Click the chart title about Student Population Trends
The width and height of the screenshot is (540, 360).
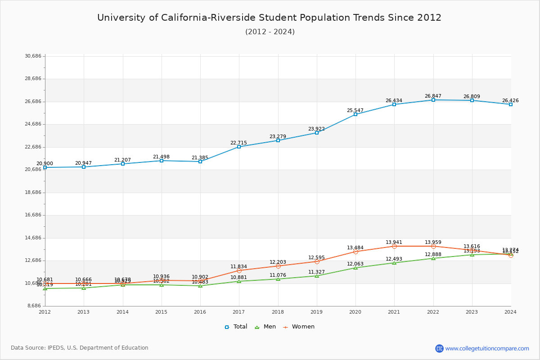pyautogui.click(x=269, y=18)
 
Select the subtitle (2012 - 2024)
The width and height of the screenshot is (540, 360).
pyautogui.click(x=270, y=31)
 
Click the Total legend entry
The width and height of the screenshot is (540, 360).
pyautogui.click(x=236, y=327)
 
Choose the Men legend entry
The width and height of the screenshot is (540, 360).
pyautogui.click(x=265, y=327)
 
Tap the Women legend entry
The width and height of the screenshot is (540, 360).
pyautogui.click(x=299, y=327)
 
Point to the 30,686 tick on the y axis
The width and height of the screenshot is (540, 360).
pyautogui.click(x=33, y=56)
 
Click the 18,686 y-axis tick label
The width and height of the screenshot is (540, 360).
pyautogui.click(x=33, y=192)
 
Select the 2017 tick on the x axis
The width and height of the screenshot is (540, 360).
pyautogui.click(x=238, y=311)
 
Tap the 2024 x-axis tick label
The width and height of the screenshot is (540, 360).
pyautogui.click(x=510, y=311)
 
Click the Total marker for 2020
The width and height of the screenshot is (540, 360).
pyautogui.click(x=355, y=114)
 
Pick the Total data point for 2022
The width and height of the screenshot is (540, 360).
pyautogui.click(x=433, y=100)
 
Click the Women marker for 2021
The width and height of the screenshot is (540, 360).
pyautogui.click(x=394, y=246)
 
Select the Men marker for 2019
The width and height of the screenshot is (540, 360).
pyautogui.click(x=317, y=276)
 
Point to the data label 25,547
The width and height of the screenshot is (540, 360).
pyautogui.click(x=355, y=110)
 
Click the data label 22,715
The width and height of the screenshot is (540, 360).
pyautogui.click(x=238, y=143)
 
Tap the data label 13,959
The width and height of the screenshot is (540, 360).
pyautogui.click(x=433, y=242)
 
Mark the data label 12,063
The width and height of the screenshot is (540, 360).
pyautogui.click(x=355, y=264)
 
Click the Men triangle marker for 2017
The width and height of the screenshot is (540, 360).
pyautogui.click(x=239, y=281)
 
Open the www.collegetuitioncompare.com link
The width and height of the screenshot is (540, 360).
pyautogui.click(x=487, y=348)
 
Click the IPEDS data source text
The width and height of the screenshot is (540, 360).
pyautogui.click(x=80, y=348)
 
